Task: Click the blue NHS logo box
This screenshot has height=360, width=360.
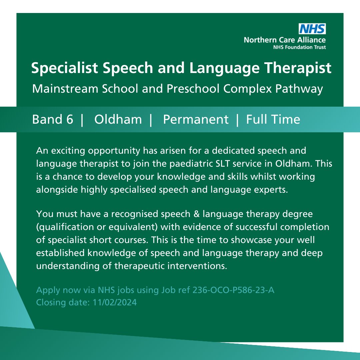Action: (312, 29)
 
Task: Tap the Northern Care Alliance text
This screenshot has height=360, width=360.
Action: (285, 40)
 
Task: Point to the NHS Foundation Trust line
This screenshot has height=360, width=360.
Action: (299, 47)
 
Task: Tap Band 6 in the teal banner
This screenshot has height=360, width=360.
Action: (52, 119)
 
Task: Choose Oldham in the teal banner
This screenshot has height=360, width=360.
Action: (118, 119)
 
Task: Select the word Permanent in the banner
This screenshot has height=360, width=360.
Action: (196, 119)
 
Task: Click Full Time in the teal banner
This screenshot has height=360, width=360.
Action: (273, 119)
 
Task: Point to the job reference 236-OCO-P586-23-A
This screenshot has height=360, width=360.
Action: (233, 290)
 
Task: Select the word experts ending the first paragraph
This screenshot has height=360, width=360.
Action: (269, 190)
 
